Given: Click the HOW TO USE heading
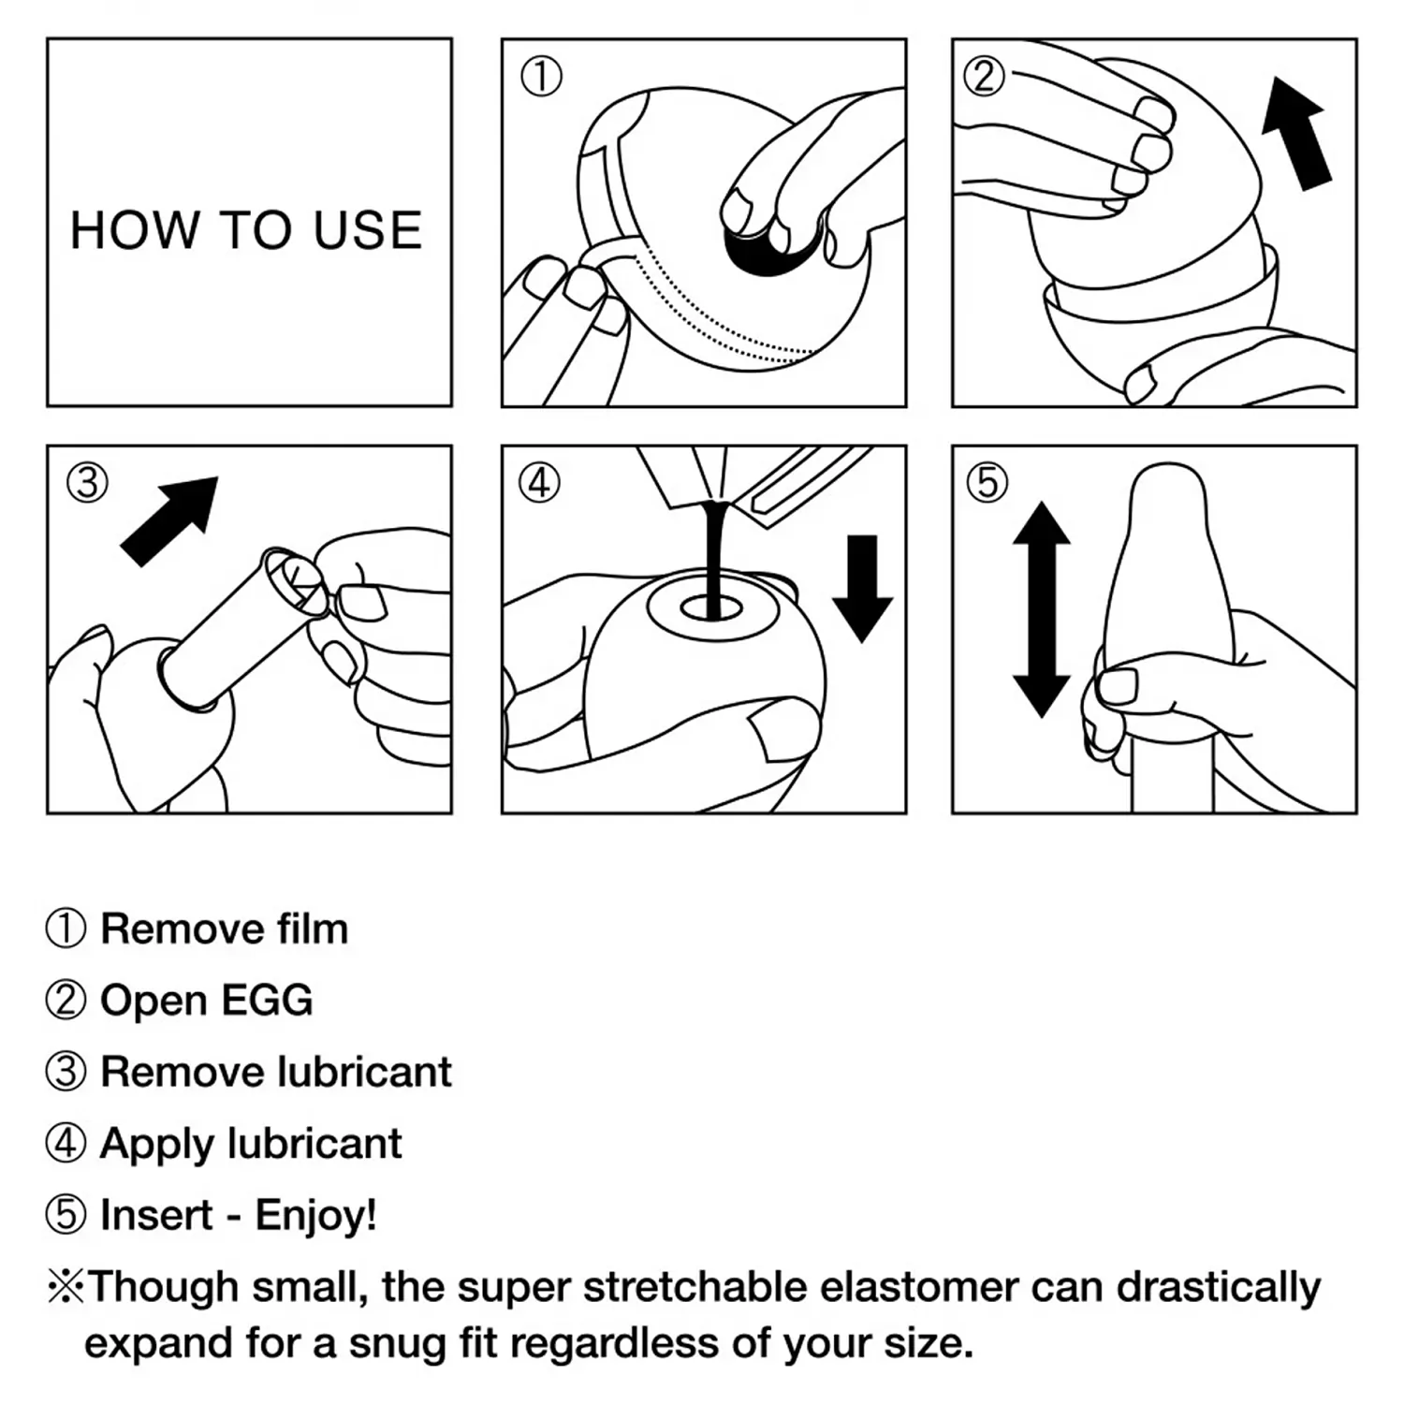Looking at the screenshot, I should [246, 230].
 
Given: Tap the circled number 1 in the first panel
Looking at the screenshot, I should [541, 77].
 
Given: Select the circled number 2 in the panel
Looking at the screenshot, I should [985, 75].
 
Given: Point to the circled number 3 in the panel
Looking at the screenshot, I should [87, 483].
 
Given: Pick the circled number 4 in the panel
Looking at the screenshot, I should [539, 483].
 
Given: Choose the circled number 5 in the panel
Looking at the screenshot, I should [987, 483].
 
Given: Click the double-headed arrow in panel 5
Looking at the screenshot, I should [1042, 609].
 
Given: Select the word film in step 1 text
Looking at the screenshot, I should [312, 929].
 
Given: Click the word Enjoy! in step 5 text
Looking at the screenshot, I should [315, 1215].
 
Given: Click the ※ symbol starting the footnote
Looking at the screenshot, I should [66, 1287].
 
